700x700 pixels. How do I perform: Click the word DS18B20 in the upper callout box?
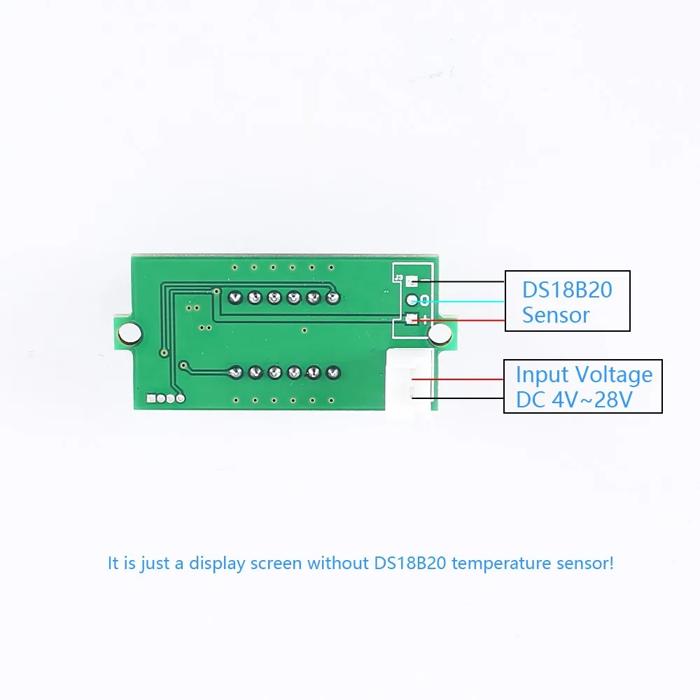(x=567, y=289)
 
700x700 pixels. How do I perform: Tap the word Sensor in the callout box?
(x=556, y=315)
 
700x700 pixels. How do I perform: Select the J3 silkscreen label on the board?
(x=398, y=278)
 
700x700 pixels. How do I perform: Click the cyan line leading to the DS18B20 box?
(x=462, y=301)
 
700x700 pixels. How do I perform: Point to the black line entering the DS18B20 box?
(x=462, y=281)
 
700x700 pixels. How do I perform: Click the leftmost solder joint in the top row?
(x=236, y=297)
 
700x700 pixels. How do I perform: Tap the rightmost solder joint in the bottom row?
(x=332, y=372)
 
